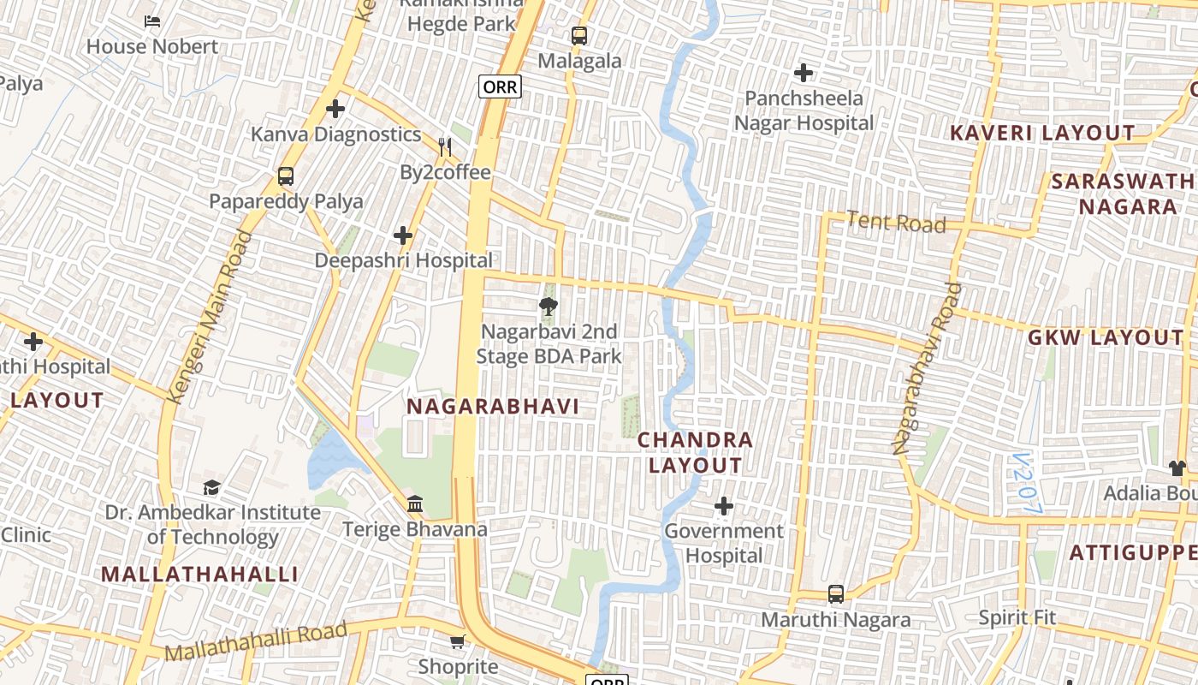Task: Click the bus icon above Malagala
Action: [579, 36]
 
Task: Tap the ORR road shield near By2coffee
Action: [500, 86]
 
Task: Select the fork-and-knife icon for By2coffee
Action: [444, 147]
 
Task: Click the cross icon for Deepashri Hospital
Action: [403, 235]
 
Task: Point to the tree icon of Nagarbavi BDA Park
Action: [549, 306]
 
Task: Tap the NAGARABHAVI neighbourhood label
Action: [493, 407]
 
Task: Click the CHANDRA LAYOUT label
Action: [695, 453]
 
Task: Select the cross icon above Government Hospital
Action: [724, 506]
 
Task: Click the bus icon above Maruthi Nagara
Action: [836, 594]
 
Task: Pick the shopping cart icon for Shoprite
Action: [458, 641]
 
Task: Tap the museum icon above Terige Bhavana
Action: [415, 503]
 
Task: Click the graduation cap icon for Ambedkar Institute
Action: [211, 487]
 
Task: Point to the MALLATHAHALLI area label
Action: [200, 575]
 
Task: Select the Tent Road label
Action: [896, 223]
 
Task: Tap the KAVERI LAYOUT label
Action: [1042, 134]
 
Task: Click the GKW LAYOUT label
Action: [1105, 338]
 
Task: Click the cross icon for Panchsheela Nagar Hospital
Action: [804, 73]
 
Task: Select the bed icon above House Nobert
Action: [152, 21]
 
